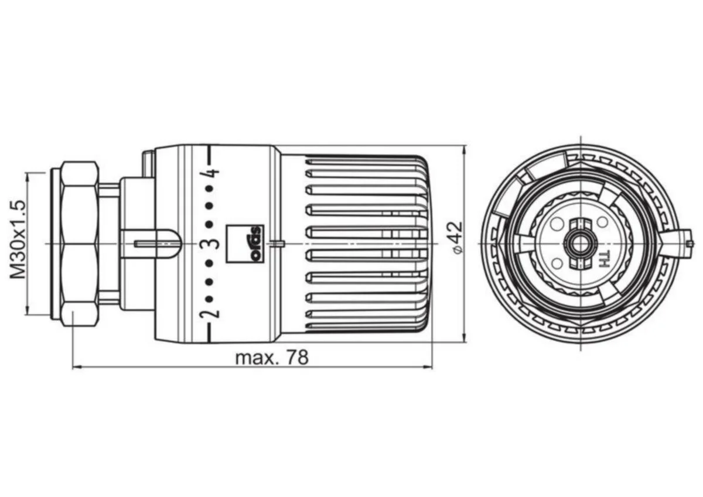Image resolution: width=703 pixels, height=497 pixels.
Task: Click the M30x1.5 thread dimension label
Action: click(18, 239)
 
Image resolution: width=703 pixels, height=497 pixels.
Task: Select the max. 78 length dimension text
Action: click(272, 358)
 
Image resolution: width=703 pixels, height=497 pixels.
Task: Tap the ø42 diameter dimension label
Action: click(456, 238)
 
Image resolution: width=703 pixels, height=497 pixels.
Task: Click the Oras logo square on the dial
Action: click(245, 244)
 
